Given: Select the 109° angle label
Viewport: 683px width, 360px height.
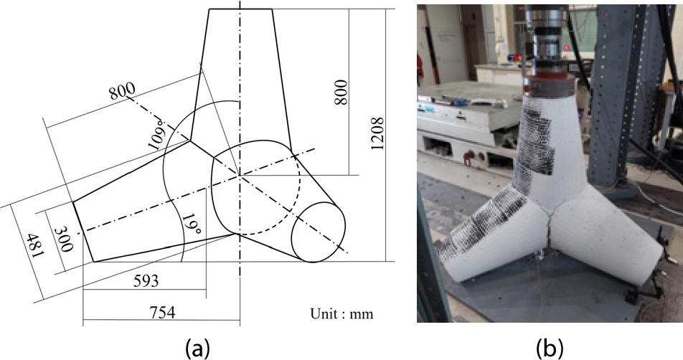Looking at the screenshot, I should click(158, 131).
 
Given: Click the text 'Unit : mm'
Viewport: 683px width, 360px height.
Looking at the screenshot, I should click(341, 313).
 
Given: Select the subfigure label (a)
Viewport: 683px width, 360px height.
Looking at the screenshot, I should click(198, 348).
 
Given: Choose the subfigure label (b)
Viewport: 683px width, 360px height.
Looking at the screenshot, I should click(550, 348).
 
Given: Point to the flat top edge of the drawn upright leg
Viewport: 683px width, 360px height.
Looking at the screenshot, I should click(240, 9).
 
